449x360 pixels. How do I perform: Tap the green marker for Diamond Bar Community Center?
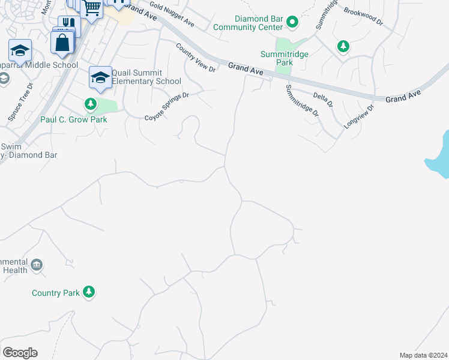pos(292,23)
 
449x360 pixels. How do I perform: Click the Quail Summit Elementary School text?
pos(146,77)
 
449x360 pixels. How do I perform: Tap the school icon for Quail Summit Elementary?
pos(100,77)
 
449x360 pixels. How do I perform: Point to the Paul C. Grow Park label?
pos(73,119)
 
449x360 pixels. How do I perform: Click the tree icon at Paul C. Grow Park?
pos(91,105)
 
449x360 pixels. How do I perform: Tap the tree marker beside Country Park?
pos(89,292)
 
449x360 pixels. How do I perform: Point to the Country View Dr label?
pos(196,58)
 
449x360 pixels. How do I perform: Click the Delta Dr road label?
pos(323,99)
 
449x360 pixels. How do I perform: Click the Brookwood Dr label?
pos(363,17)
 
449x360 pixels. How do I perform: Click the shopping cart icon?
pos(91,8)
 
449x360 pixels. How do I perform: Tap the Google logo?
pos(20,353)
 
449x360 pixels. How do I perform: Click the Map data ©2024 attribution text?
pos(423,355)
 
